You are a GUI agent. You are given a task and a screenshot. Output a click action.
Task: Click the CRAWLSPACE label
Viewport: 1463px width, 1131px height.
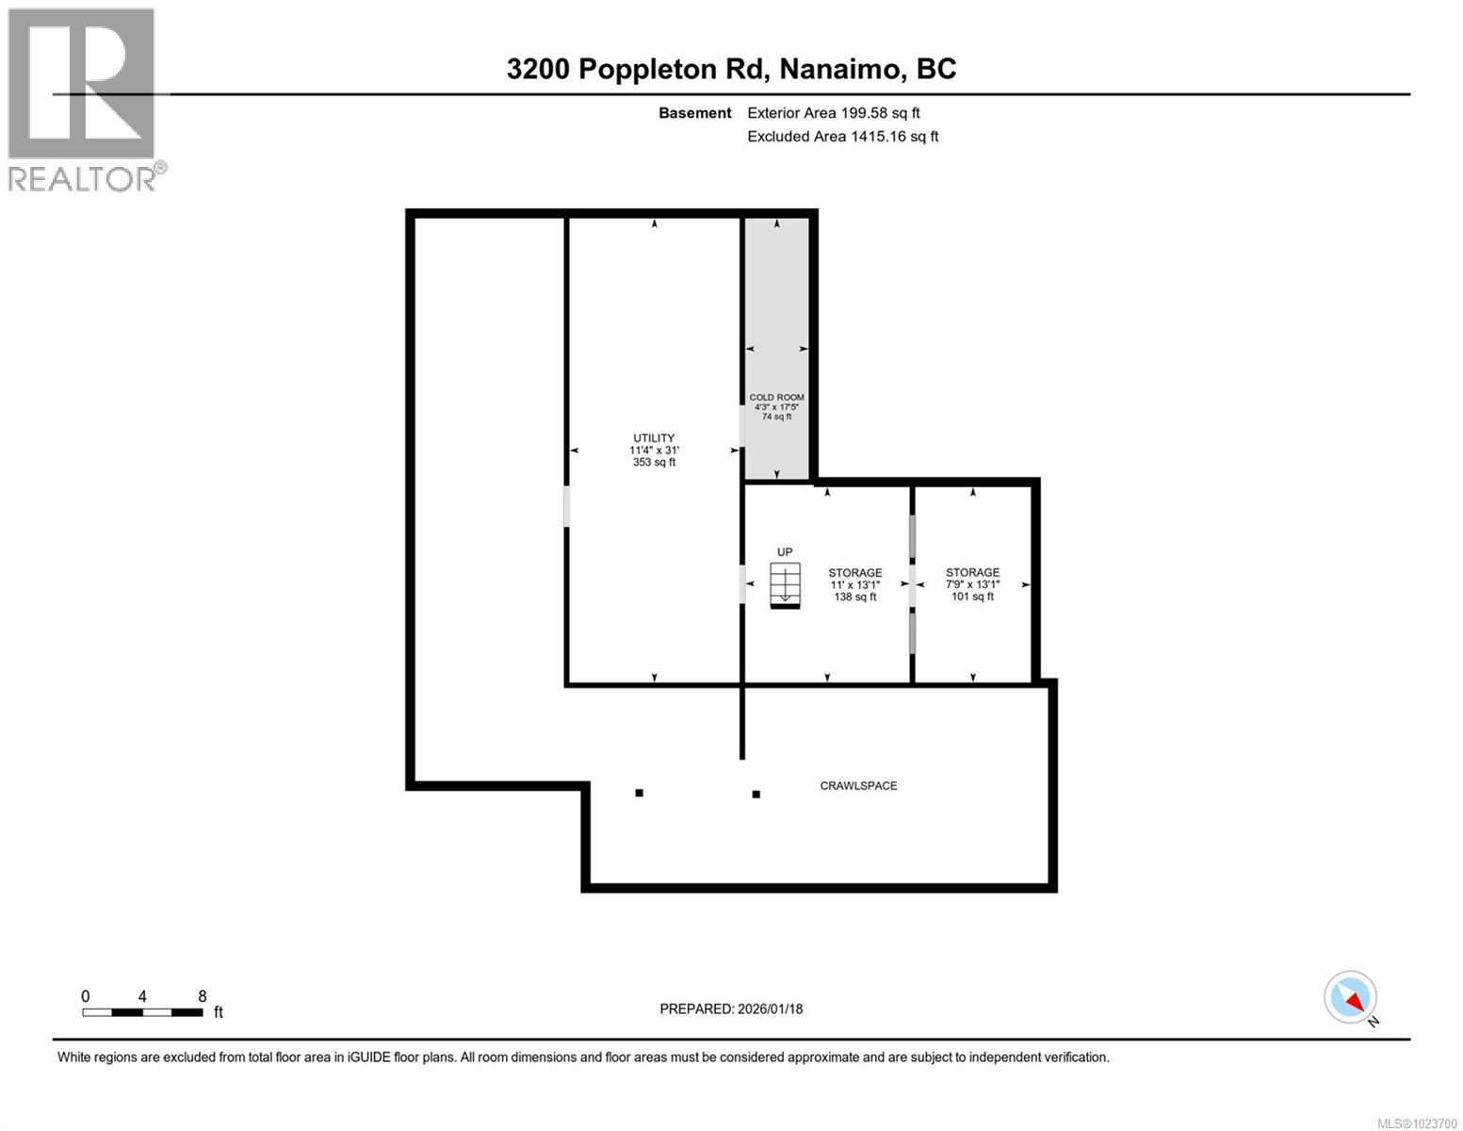coord(858,785)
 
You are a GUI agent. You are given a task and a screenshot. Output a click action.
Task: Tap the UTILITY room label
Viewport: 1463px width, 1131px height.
coord(654,450)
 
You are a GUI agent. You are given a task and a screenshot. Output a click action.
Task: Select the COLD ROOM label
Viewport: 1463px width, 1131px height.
coord(776,406)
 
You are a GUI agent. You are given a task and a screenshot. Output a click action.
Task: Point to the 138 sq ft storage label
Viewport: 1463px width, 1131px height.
coord(854,584)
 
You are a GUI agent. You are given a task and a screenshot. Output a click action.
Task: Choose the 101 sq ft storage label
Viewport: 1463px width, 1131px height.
coord(972,584)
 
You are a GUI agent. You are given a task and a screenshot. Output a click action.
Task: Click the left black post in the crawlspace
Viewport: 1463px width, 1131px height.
coord(639,793)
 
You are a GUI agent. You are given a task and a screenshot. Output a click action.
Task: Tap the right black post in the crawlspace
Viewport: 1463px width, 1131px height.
coord(756,795)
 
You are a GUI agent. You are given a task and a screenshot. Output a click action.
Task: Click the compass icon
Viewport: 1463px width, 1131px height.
coord(1351,997)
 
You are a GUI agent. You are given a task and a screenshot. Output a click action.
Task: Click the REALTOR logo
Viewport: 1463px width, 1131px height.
coord(82,99)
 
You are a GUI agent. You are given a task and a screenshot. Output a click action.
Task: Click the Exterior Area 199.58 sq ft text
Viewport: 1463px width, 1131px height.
coord(833,113)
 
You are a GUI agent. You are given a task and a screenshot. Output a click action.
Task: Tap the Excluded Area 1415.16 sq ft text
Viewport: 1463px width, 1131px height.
coord(842,137)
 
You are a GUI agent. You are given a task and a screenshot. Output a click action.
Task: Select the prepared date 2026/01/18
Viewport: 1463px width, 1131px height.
coord(769,1008)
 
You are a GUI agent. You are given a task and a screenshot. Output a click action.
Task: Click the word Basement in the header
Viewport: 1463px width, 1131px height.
coord(694,113)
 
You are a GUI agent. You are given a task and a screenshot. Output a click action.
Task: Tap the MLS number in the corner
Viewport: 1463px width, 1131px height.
coord(1417,1123)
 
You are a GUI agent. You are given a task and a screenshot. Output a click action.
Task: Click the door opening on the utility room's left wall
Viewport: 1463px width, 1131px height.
coord(566,506)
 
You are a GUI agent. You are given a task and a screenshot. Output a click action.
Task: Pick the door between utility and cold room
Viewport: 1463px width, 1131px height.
coord(742,426)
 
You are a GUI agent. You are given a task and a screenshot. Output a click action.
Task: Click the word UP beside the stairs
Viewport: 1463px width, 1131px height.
coord(785,552)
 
